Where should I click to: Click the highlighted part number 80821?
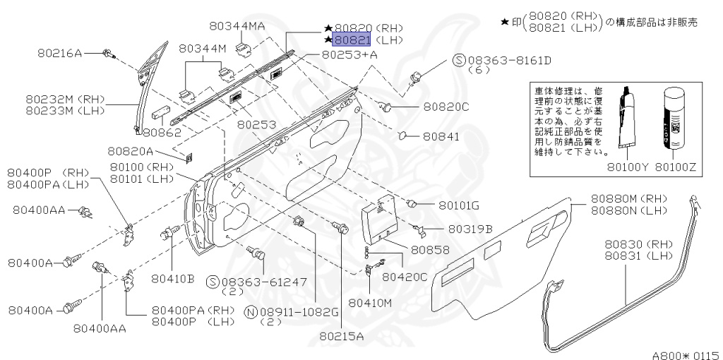(352, 40)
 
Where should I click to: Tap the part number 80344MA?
(237, 27)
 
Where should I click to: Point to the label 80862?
(162, 132)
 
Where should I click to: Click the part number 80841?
(442, 136)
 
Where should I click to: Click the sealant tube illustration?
(627, 120)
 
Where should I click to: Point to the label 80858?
(430, 249)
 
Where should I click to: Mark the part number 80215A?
(341, 335)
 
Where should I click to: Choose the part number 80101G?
(459, 205)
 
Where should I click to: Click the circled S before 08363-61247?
(212, 282)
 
